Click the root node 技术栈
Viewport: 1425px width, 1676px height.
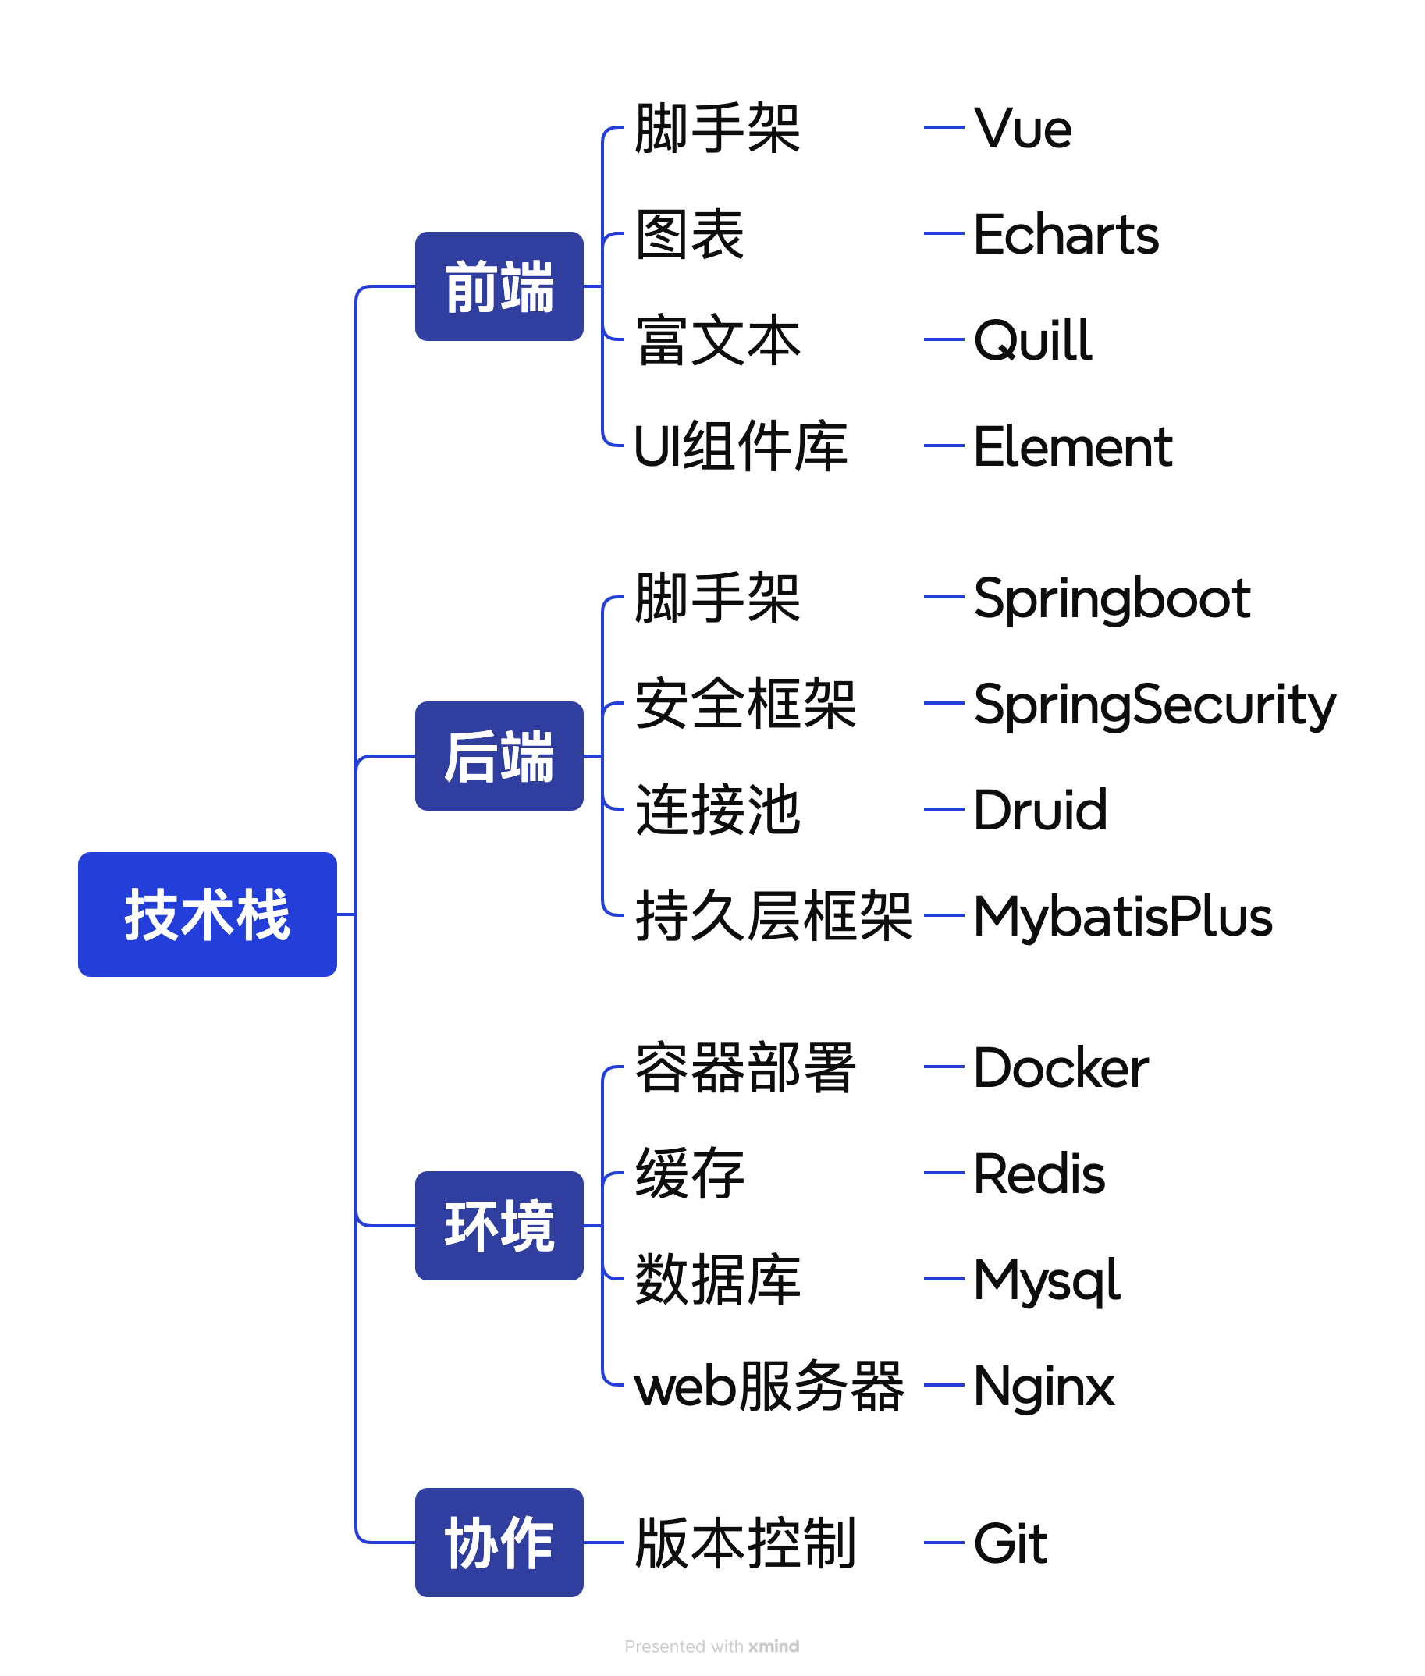(207, 914)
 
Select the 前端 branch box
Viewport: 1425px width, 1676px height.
(499, 286)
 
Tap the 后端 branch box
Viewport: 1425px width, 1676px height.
(499, 755)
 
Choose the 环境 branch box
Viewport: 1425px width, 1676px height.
(499, 1224)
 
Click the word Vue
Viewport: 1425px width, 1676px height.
(1022, 129)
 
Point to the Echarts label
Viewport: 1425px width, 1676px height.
(1065, 234)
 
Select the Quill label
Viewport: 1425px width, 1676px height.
(1032, 340)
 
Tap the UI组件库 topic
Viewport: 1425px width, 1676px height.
(740, 446)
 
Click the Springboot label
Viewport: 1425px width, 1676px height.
(1111, 598)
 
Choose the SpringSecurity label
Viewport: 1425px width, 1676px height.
(1154, 705)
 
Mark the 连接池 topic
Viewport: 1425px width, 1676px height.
(717, 809)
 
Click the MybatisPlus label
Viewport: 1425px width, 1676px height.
(1122, 916)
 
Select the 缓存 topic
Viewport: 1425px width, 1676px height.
(689, 1173)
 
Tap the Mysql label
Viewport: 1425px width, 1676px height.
(1047, 1280)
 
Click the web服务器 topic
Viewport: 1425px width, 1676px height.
(768, 1385)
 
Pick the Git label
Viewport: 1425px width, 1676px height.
(1010, 1543)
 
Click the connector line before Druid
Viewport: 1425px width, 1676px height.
(943, 808)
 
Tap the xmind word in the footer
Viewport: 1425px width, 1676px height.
(773, 1646)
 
